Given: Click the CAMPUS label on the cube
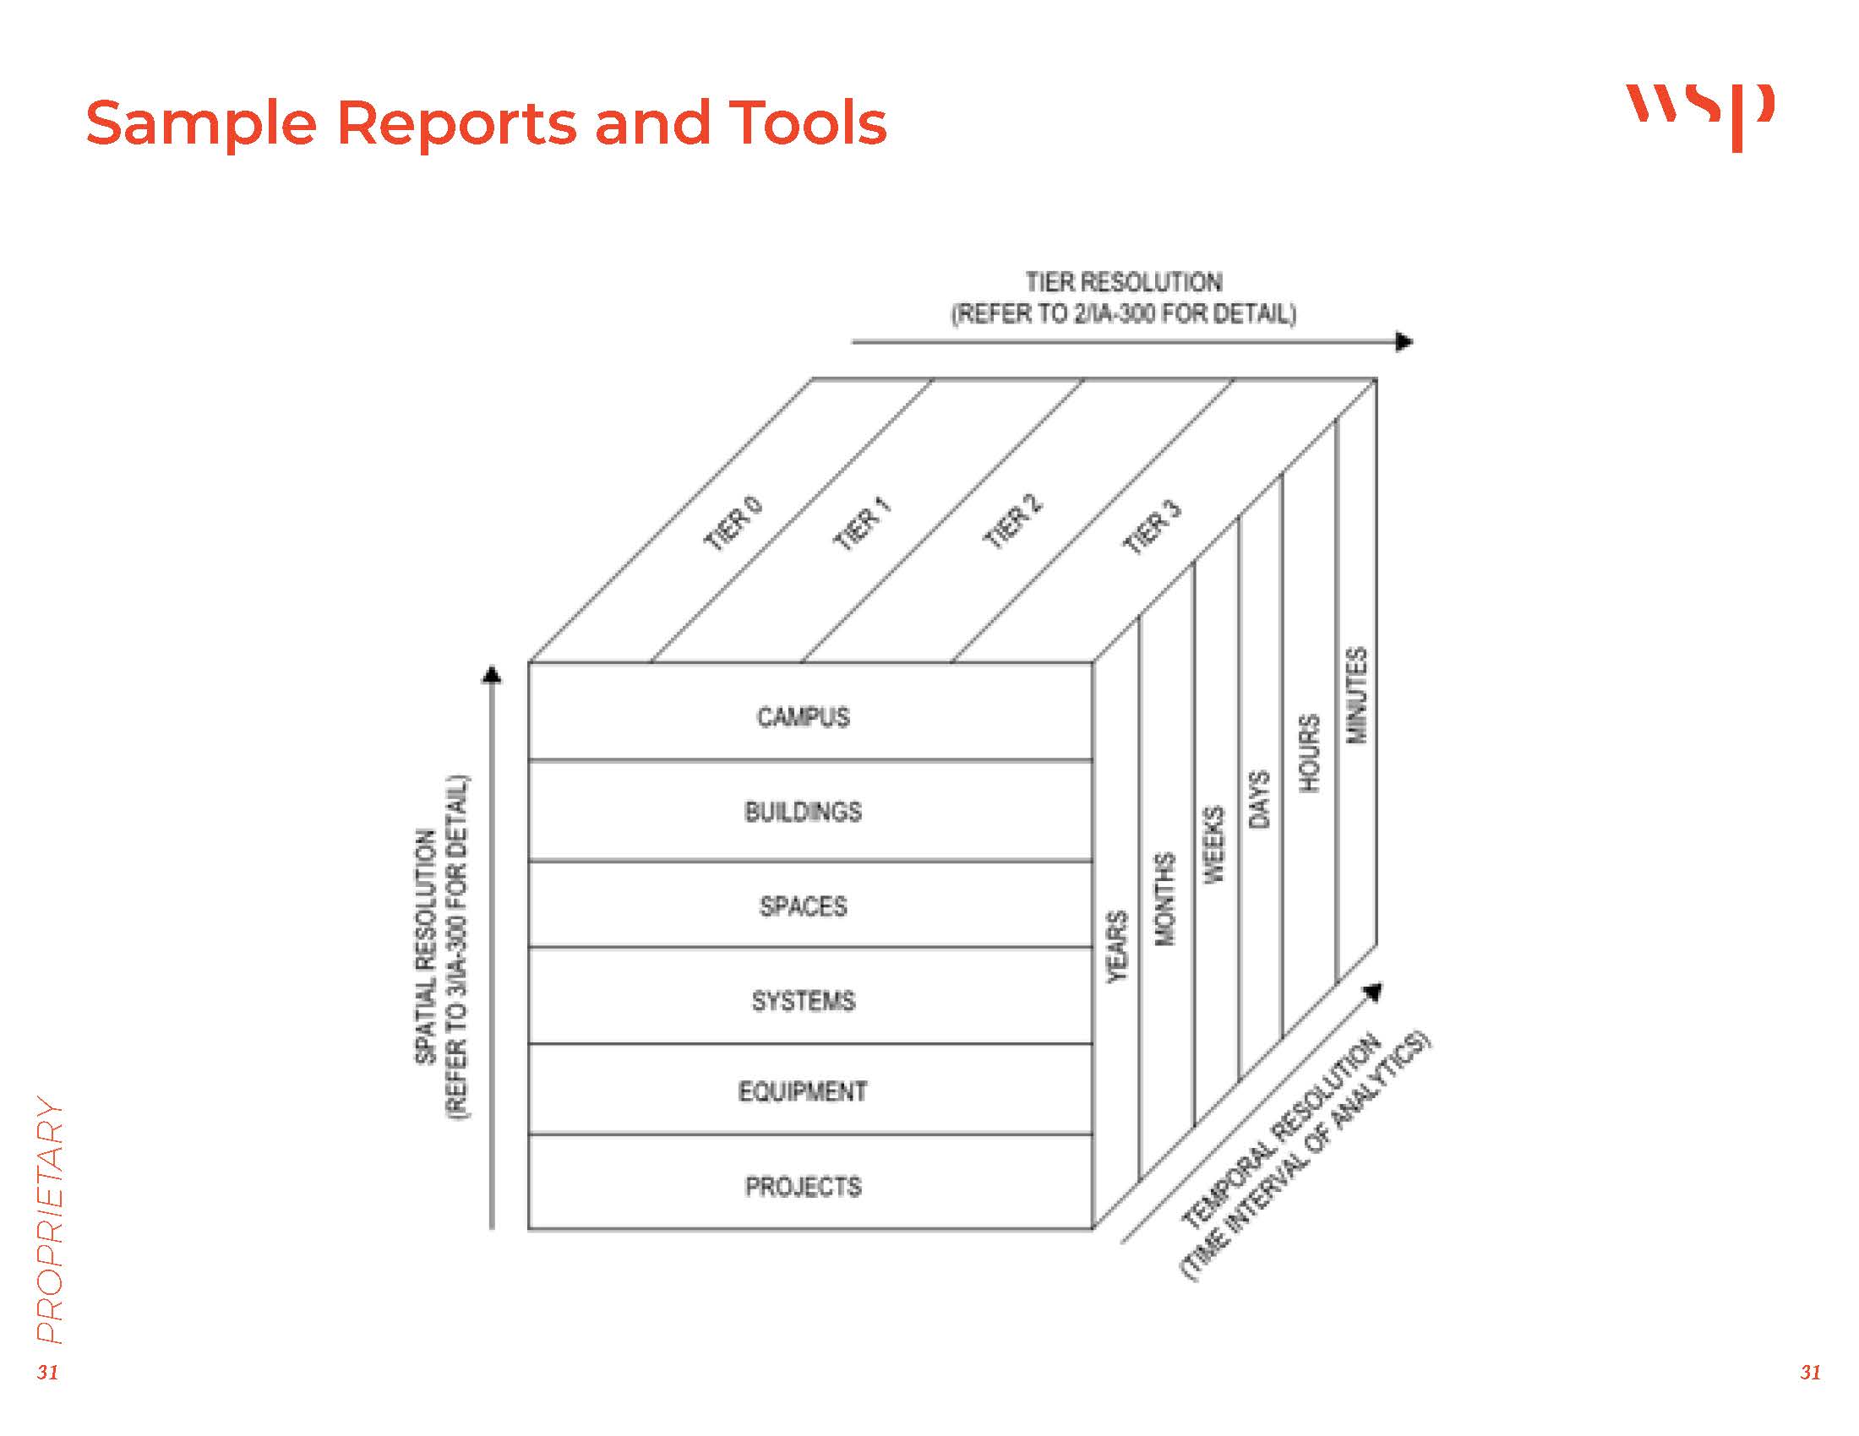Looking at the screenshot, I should click(803, 717).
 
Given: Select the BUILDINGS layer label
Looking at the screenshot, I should click(803, 812).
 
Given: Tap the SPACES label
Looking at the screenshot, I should click(803, 906).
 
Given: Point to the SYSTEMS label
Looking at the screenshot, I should click(803, 1000).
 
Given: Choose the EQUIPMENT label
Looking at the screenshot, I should click(803, 1091).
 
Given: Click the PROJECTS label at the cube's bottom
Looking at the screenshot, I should click(803, 1186).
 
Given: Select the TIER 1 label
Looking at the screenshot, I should click(862, 525).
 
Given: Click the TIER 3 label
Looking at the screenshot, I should click(1153, 528).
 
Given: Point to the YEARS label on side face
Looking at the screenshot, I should click(1117, 947).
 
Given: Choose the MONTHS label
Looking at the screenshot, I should click(1164, 900).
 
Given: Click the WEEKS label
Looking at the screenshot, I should click(1212, 845).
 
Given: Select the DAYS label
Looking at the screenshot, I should click(1259, 799).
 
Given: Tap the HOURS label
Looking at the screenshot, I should click(1308, 753).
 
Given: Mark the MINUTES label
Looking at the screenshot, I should click(1356, 695).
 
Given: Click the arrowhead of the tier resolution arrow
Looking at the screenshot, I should click(1404, 342).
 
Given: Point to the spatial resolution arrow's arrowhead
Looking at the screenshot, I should click(491, 676).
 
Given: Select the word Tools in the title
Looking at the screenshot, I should click(808, 123).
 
